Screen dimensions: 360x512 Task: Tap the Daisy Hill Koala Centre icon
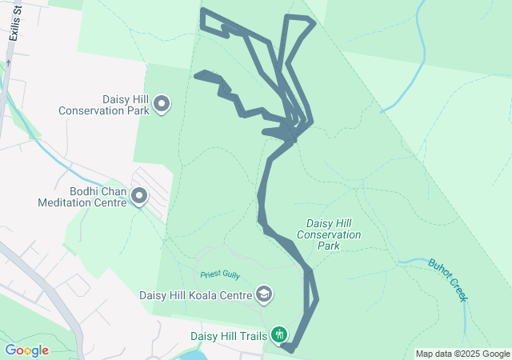[x=263, y=295]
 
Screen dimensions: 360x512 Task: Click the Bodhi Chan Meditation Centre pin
[x=139, y=196]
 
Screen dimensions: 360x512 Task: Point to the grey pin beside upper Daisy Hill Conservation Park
[x=162, y=104]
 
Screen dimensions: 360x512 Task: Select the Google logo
[x=26, y=350]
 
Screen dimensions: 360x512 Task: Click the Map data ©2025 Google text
[x=462, y=354]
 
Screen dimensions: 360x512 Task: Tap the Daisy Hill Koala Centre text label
[x=195, y=295]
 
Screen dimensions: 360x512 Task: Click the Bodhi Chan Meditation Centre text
[x=82, y=197]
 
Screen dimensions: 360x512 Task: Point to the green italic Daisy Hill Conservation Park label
[x=328, y=234]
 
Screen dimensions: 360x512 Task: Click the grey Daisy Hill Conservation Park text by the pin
[x=104, y=105]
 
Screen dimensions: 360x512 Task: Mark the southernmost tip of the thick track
[x=290, y=350]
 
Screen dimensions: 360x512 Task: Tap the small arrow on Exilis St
[x=8, y=62]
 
